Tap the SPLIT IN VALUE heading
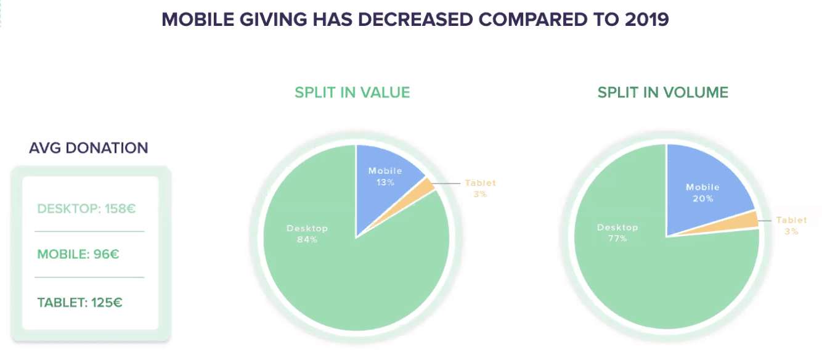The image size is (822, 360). (x=352, y=92)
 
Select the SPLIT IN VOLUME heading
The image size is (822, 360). (x=662, y=92)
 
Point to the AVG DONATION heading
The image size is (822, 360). (x=89, y=148)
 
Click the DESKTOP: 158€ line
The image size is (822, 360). (x=86, y=208)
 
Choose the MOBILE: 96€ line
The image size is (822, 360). (x=78, y=253)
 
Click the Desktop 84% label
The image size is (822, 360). (x=307, y=234)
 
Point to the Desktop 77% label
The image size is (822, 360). (x=617, y=232)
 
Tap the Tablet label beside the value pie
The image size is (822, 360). (x=480, y=183)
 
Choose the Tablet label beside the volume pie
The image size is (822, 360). (x=791, y=220)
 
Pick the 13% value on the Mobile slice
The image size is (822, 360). (x=385, y=182)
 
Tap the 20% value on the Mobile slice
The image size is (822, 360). (x=702, y=198)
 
